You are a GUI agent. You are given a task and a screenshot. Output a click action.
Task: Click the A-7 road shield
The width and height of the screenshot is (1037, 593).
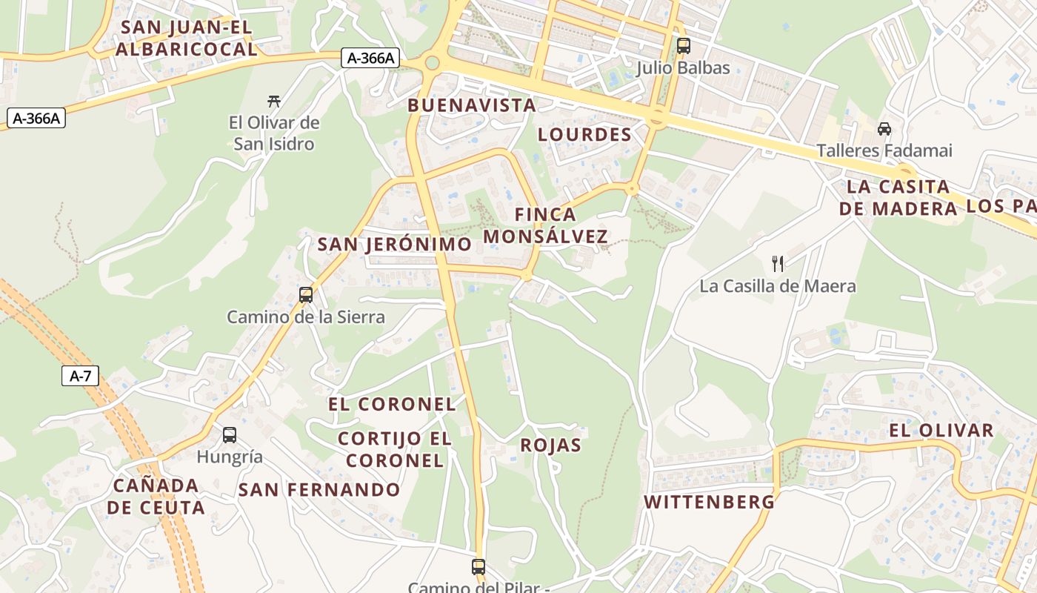click(80, 376)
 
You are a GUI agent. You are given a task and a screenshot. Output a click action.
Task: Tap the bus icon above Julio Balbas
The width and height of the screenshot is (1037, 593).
click(683, 46)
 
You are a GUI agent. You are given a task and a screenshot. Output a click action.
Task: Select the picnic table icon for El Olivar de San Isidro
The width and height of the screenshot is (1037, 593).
click(274, 101)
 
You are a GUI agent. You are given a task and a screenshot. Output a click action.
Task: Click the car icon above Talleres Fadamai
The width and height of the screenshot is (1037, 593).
click(884, 129)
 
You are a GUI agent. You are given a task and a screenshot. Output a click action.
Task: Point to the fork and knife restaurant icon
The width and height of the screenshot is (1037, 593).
click(778, 263)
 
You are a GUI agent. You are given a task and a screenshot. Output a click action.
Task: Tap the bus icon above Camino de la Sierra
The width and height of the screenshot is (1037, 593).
click(305, 295)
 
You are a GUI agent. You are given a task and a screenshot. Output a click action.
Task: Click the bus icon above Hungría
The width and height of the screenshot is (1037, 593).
click(230, 435)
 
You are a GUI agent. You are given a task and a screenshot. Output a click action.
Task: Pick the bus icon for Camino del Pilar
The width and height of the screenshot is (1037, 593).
click(479, 567)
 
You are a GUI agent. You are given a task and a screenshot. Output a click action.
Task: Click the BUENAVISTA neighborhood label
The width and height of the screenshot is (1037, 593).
click(472, 105)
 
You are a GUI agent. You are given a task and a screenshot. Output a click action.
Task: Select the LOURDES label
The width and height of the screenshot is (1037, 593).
click(584, 134)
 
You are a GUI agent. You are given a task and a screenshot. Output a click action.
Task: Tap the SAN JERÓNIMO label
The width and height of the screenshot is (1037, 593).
click(394, 244)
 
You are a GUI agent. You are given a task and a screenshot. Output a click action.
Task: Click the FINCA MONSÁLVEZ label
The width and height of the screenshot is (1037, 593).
click(545, 225)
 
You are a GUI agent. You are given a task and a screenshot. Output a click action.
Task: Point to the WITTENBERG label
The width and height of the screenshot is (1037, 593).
click(709, 502)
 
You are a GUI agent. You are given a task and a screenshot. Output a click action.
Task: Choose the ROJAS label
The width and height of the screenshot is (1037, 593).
click(550, 445)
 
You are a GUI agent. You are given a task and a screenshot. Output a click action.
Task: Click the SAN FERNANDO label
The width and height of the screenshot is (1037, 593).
click(319, 489)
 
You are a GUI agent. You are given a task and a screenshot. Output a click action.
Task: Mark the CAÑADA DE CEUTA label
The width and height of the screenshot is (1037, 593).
click(156, 497)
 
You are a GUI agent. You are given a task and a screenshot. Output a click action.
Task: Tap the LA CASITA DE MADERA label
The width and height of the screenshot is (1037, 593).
click(898, 197)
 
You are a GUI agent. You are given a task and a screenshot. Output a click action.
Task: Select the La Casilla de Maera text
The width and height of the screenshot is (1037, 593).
click(778, 286)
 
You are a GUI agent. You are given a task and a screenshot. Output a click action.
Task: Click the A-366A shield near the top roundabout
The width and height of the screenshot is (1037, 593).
click(370, 58)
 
